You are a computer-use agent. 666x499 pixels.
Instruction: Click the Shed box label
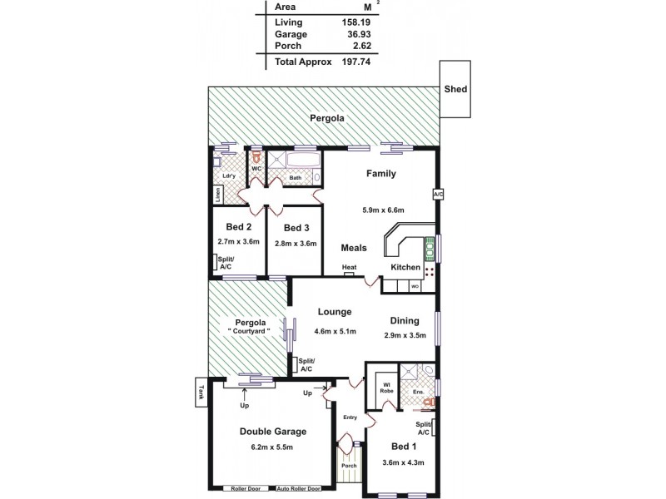pos(455,89)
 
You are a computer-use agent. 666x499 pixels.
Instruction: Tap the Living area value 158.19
pos(355,22)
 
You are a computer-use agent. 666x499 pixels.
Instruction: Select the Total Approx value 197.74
pos(355,62)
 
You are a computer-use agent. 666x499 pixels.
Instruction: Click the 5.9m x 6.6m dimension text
pos(383,210)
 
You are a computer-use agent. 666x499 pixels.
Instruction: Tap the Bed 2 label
pos(239,227)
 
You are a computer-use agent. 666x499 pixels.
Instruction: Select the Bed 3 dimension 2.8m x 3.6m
pos(295,243)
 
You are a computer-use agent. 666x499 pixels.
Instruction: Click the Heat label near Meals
pos(350,268)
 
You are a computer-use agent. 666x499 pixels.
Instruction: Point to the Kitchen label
pos(405,267)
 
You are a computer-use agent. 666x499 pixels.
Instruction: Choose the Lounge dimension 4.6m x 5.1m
pos(336,332)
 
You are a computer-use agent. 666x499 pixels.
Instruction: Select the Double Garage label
pos(273,431)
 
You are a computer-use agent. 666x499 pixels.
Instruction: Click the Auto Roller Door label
pos(299,488)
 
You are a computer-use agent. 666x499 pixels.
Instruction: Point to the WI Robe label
pos(385,388)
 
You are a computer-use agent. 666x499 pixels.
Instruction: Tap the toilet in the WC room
pos(257,156)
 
